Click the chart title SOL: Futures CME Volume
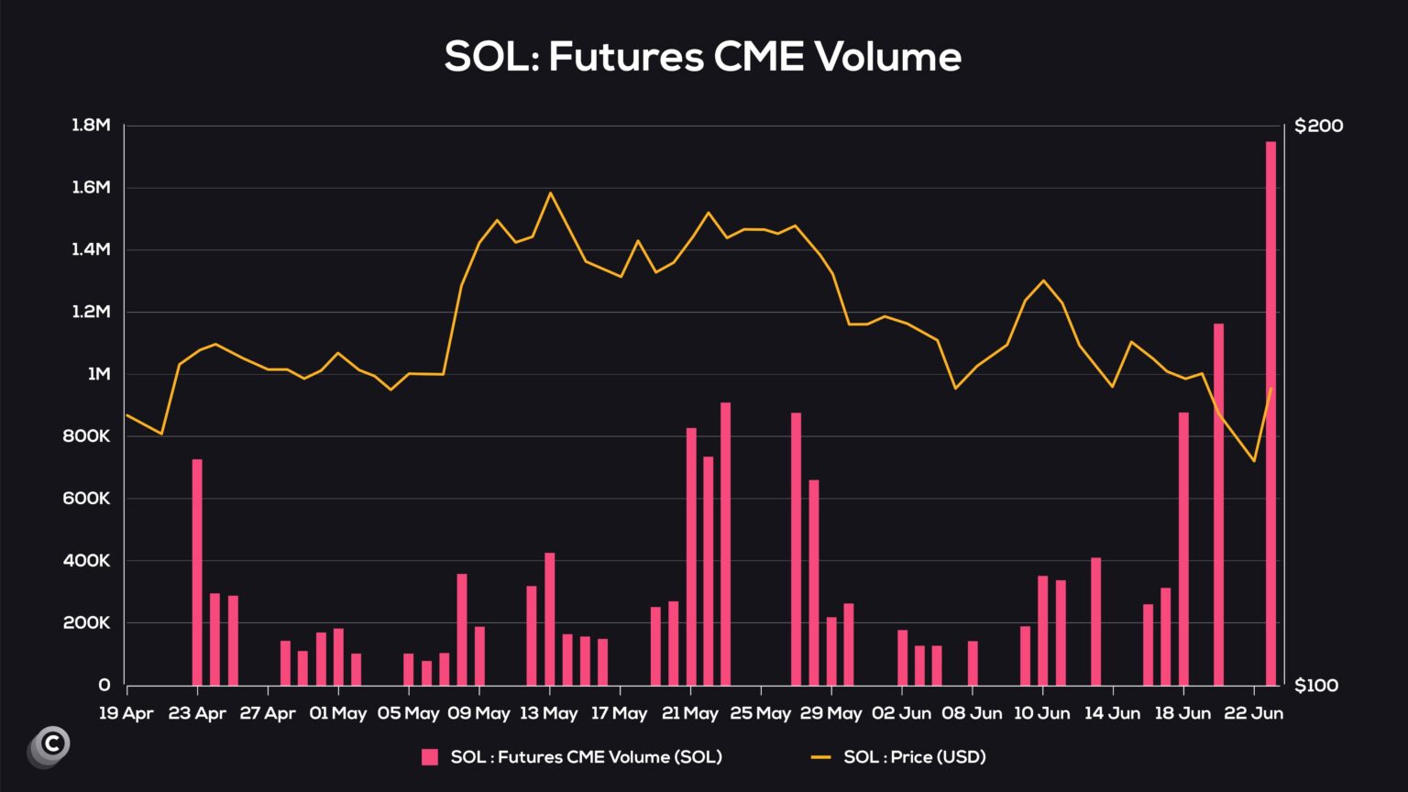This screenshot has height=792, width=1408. pyautogui.click(x=703, y=57)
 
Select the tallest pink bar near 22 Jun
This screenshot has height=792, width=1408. pyautogui.click(x=1270, y=412)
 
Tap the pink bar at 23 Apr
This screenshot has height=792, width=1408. pyautogui.click(x=197, y=572)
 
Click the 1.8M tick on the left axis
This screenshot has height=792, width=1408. pyautogui.click(x=91, y=126)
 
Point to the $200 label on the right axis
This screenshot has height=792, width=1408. pyautogui.click(x=1318, y=126)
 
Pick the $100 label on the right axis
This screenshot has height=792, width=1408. pyautogui.click(x=1318, y=686)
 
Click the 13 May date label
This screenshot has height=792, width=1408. pyautogui.click(x=548, y=713)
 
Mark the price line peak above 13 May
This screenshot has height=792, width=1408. pyautogui.click(x=550, y=193)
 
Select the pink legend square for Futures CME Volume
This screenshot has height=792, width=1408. pyautogui.click(x=429, y=757)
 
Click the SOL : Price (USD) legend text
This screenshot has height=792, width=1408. pyautogui.click(x=914, y=757)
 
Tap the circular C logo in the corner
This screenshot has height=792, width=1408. pyautogui.click(x=51, y=744)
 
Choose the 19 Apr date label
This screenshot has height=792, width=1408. pyautogui.click(x=126, y=713)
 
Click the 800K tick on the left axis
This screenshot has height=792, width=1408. pyautogui.click(x=86, y=436)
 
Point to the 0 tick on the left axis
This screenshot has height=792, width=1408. pyautogui.click(x=104, y=686)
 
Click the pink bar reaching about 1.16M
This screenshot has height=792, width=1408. pyautogui.click(x=1218, y=504)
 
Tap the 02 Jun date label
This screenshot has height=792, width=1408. pyautogui.click(x=901, y=713)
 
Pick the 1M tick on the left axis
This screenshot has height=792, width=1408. pyautogui.click(x=98, y=374)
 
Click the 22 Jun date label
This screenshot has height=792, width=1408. pyautogui.click(x=1254, y=713)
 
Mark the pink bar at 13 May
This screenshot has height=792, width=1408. pyautogui.click(x=550, y=619)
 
